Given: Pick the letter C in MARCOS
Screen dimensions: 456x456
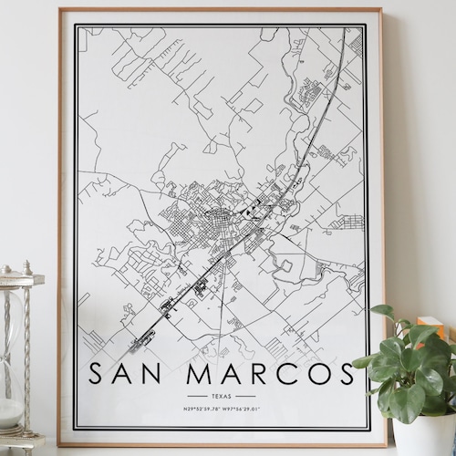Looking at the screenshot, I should point(281,374).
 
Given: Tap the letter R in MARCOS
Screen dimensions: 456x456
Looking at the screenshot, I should point(252,374).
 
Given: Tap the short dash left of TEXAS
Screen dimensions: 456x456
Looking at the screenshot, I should point(196,397).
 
